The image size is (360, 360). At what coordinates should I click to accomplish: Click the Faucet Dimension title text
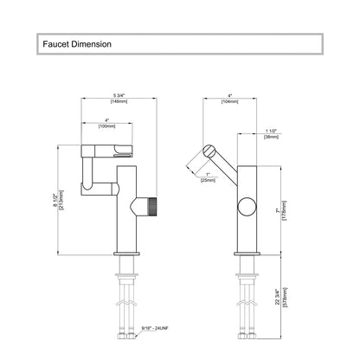point(77,44)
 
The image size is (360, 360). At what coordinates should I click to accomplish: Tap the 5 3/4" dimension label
point(119,96)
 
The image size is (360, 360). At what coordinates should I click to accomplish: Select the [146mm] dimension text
point(119,101)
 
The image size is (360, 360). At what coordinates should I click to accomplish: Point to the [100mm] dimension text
point(106,126)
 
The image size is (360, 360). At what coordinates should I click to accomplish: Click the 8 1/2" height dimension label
point(56,200)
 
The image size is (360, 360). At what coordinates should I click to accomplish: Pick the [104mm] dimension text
point(230,101)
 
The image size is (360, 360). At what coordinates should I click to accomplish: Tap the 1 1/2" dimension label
point(271,132)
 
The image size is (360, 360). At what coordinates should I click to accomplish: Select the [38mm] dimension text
point(271,137)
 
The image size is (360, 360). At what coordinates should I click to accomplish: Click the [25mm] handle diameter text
point(208,180)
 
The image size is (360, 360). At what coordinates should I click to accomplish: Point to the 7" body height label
point(278,210)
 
